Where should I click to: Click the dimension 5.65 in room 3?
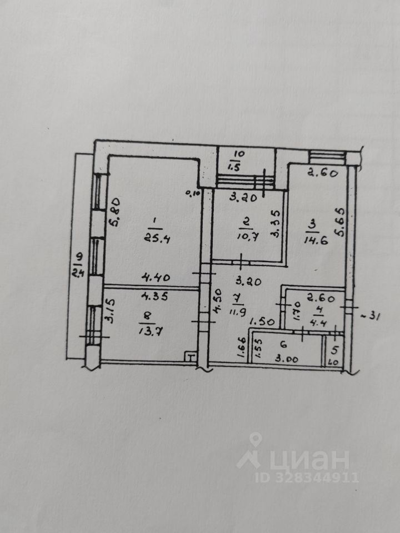(340, 222)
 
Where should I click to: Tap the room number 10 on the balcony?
(238, 153)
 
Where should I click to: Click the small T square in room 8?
(191, 356)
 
